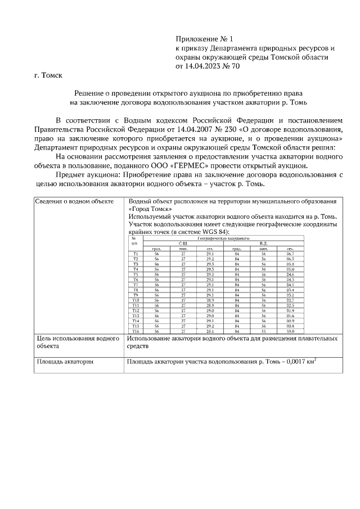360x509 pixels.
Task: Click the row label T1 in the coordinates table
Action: [135, 254]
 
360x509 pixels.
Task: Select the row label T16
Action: [135, 331]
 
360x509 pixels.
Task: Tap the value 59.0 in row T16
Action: [290, 331]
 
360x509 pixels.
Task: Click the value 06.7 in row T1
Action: [290, 254]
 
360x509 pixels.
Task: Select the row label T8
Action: [135, 290]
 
